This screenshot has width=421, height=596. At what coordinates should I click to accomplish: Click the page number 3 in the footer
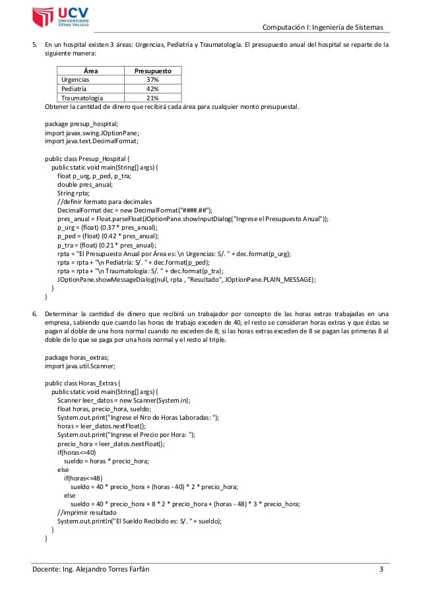click(x=381, y=570)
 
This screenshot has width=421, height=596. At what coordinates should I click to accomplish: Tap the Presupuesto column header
click(x=153, y=71)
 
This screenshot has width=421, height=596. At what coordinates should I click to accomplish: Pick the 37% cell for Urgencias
click(x=153, y=79)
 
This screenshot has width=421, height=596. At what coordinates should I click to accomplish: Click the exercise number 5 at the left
click(x=36, y=46)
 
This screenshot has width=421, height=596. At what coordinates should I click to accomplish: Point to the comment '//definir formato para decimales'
click(x=104, y=201)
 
